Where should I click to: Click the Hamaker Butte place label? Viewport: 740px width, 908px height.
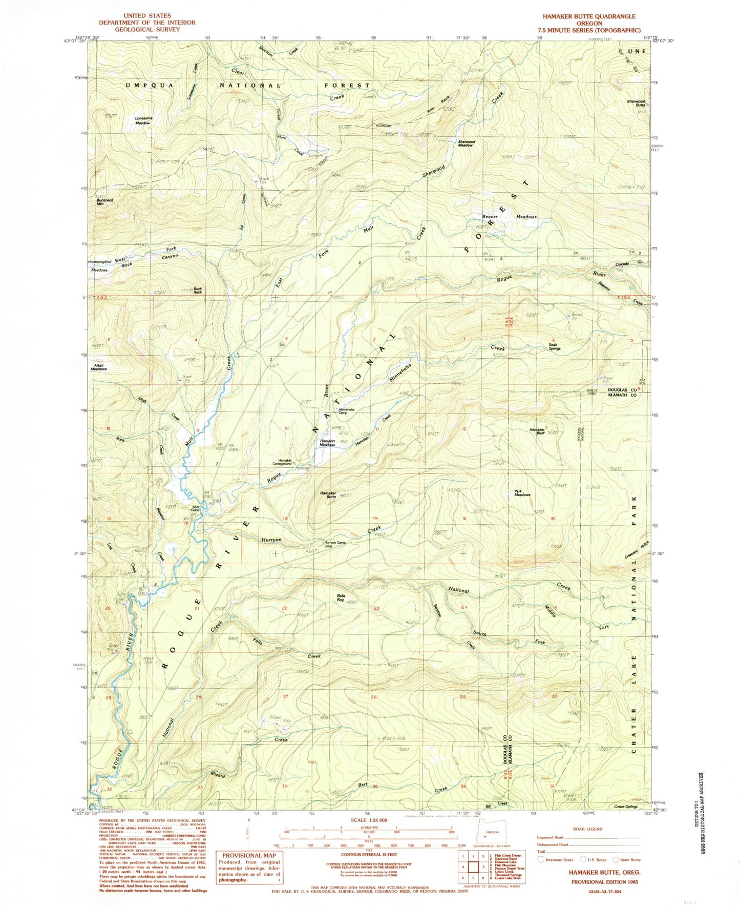[328, 495]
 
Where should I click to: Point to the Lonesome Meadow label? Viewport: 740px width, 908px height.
[143, 121]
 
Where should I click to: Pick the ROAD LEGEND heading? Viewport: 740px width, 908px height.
[588, 829]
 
